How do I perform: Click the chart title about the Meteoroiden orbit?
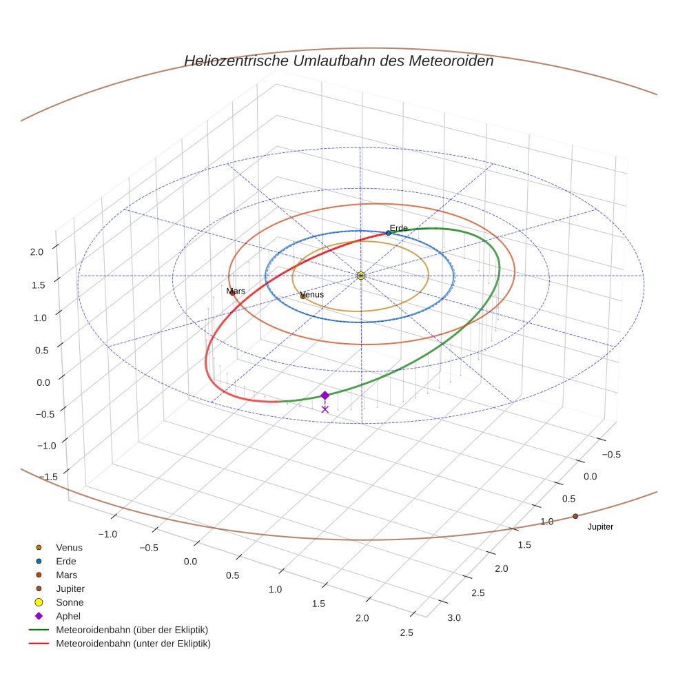tap(338, 61)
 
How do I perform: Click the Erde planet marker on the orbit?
tap(388, 233)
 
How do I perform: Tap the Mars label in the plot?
tap(236, 291)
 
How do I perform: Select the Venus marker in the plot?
tap(302, 296)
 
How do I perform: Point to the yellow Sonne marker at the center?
tap(360, 276)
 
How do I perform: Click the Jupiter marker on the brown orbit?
tap(575, 516)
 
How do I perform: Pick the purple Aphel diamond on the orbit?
tap(325, 395)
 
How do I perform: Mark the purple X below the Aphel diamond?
tap(325, 409)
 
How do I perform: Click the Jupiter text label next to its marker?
tap(600, 527)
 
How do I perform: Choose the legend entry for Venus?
tap(69, 547)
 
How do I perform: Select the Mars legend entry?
tap(66, 575)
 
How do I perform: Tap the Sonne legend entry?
tap(70, 602)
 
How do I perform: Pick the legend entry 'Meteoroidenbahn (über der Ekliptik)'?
tap(132, 630)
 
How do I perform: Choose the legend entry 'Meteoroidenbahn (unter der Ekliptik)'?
tap(133, 644)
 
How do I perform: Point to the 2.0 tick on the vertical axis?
tap(37, 252)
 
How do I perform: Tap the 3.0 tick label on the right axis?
tap(453, 617)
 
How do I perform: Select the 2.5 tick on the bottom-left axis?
tap(406, 633)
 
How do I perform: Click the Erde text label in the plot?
tap(399, 228)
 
